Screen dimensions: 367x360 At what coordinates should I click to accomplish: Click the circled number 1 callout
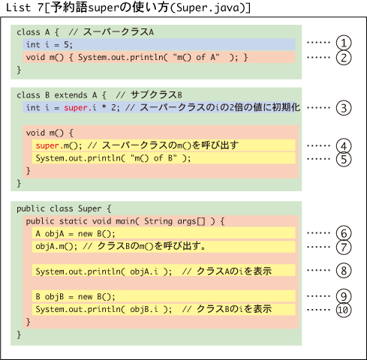tap(344, 43)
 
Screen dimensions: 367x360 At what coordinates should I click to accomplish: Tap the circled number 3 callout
tap(344, 108)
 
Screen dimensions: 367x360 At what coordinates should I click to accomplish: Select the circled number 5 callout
tap(344, 159)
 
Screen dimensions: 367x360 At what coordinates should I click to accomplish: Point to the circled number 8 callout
tap(344, 271)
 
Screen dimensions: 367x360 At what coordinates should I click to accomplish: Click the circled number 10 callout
tap(344, 310)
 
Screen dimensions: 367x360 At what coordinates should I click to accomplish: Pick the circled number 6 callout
tap(344, 233)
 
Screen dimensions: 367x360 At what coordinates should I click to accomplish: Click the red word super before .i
tap(75, 108)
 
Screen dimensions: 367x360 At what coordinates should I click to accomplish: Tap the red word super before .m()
tap(47, 145)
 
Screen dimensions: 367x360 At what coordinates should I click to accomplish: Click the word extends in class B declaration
tap(71, 95)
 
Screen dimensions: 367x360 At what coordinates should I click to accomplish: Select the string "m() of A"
tap(196, 57)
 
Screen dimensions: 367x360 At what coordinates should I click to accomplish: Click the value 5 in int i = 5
tap(66, 45)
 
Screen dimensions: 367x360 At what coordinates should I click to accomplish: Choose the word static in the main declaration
tap(74, 221)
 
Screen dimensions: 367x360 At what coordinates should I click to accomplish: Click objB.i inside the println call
tap(144, 310)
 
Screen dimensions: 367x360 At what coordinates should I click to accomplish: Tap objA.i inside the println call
tap(144, 271)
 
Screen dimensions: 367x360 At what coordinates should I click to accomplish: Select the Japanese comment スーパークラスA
tap(119, 32)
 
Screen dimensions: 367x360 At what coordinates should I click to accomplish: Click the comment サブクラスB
tap(156, 95)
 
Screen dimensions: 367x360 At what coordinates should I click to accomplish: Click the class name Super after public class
tap(90, 208)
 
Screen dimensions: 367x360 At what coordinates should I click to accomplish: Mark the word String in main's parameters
tap(158, 221)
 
